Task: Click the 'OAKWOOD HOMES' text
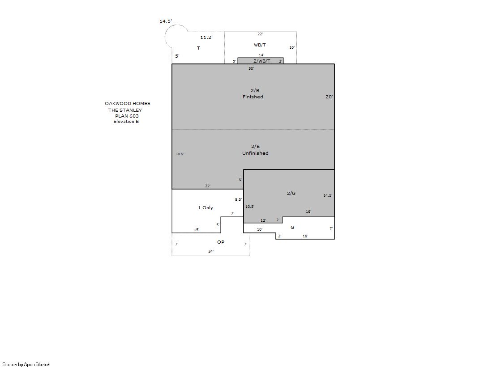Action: (128, 103)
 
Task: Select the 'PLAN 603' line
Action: (127, 116)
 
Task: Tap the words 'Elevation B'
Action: (126, 121)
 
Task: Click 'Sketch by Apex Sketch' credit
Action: (26, 364)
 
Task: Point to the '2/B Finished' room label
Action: (253, 93)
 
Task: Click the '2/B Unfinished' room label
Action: (255, 150)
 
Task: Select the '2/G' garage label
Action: (291, 193)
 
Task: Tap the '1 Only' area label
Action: (206, 207)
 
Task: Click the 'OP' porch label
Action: (221, 242)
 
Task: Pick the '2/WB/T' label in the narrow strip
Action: (261, 61)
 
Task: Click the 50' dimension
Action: (252, 68)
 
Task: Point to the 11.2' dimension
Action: (206, 38)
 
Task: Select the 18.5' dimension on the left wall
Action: (180, 154)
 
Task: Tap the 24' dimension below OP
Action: (211, 251)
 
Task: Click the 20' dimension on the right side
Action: (329, 97)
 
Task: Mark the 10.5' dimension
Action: (250, 207)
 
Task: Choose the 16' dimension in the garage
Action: (308, 211)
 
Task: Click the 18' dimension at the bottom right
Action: (305, 236)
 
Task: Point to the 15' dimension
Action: (197, 230)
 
